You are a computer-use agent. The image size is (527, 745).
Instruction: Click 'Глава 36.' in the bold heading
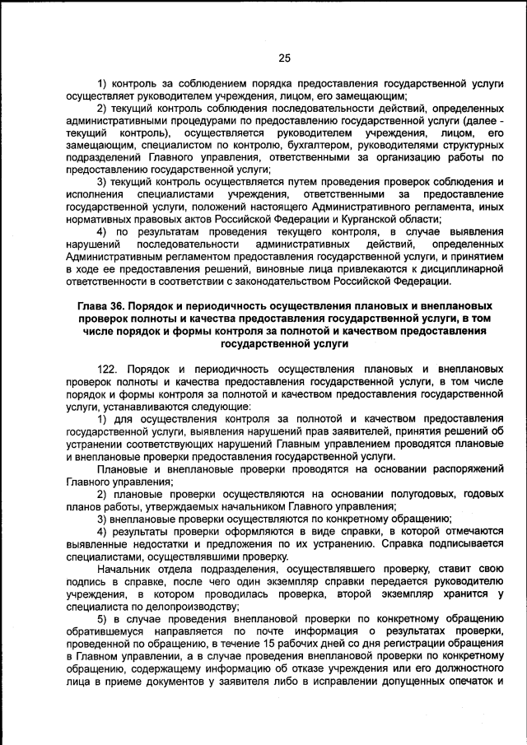point(101,305)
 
